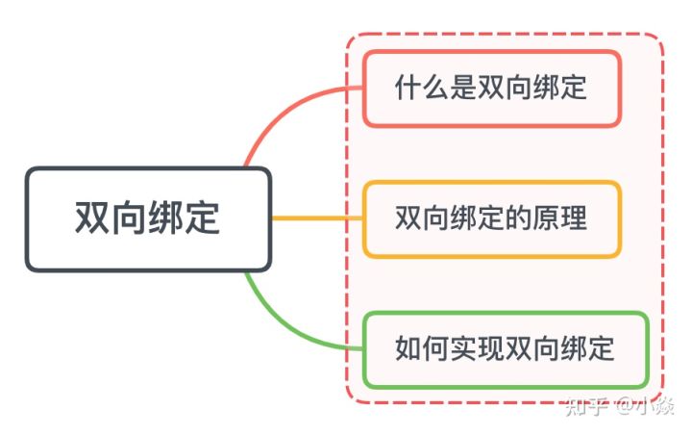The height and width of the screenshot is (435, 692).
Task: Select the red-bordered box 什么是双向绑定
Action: pos(491,89)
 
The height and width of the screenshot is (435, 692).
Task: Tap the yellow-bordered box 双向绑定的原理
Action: pos(491,218)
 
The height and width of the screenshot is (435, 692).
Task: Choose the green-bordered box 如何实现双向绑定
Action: pos(505,348)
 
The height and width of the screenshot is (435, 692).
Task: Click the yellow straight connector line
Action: pos(317,218)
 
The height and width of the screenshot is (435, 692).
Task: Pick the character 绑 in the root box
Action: pos(166,219)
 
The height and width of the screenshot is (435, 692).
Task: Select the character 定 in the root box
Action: pos(203,219)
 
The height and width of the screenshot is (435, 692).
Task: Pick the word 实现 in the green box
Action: pos(468,348)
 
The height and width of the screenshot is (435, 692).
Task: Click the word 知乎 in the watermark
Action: pos(585,405)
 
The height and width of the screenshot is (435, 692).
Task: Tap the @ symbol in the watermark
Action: pos(626,405)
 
